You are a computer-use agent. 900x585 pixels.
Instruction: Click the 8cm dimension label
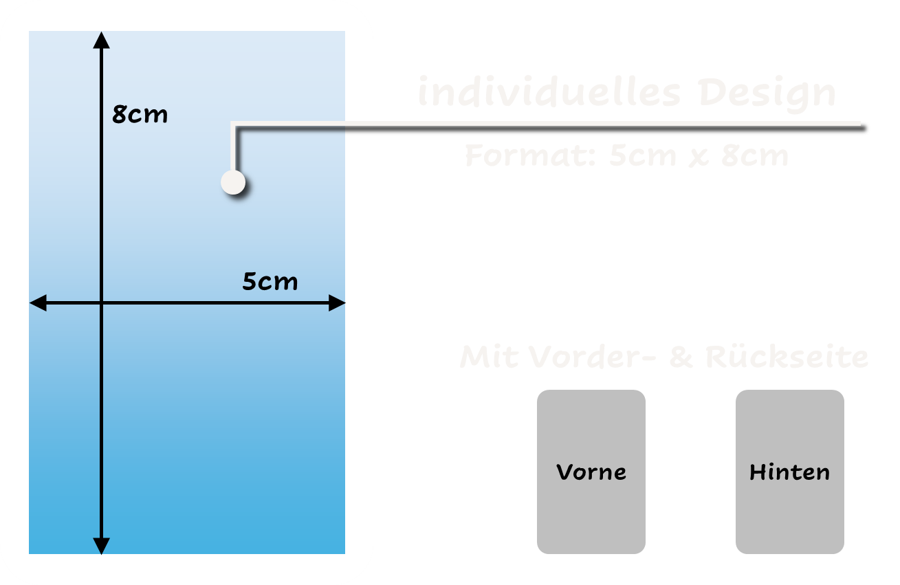point(140,114)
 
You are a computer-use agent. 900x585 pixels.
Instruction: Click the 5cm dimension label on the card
point(270,282)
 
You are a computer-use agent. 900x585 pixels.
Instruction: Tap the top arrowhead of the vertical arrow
point(101,40)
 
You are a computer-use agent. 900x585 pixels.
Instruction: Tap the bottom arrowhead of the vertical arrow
point(101,545)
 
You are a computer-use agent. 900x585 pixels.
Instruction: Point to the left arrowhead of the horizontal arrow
point(38,302)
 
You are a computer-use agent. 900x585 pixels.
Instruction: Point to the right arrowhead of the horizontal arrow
point(336,302)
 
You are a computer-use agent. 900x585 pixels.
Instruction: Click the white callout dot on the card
point(233,183)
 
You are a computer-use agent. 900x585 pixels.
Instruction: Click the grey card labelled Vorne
point(591,472)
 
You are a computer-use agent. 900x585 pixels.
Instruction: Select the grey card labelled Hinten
point(789,472)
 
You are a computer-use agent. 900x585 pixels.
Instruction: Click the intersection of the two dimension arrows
point(101,302)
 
